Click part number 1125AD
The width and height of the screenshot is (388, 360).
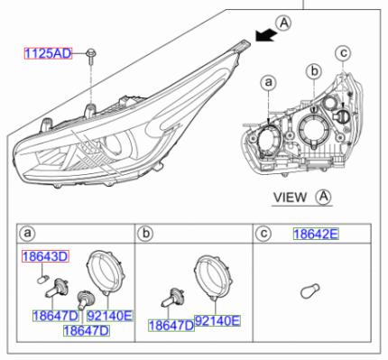[x=48, y=53]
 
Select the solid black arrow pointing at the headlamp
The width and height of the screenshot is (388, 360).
[x=266, y=35]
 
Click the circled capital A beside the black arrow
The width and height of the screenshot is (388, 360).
[x=283, y=23]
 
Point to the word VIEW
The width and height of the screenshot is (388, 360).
[x=290, y=198]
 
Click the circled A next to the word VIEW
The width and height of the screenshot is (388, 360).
[x=323, y=197]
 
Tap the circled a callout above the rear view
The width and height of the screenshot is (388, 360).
[x=269, y=82]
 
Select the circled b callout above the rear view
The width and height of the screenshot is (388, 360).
[x=314, y=71]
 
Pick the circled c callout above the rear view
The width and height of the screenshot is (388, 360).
[x=343, y=53]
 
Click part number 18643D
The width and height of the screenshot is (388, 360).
[x=45, y=256]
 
